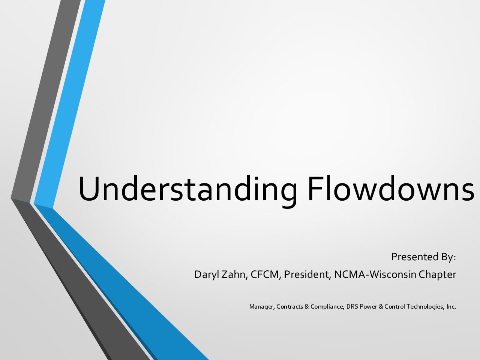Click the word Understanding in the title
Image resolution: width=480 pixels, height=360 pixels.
click(188, 190)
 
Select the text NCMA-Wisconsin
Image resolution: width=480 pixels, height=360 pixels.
click(375, 274)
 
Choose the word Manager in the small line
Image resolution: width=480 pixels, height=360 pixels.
click(262, 307)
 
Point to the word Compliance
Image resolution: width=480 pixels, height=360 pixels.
click(327, 307)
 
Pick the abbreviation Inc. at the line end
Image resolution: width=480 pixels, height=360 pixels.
click(451, 307)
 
